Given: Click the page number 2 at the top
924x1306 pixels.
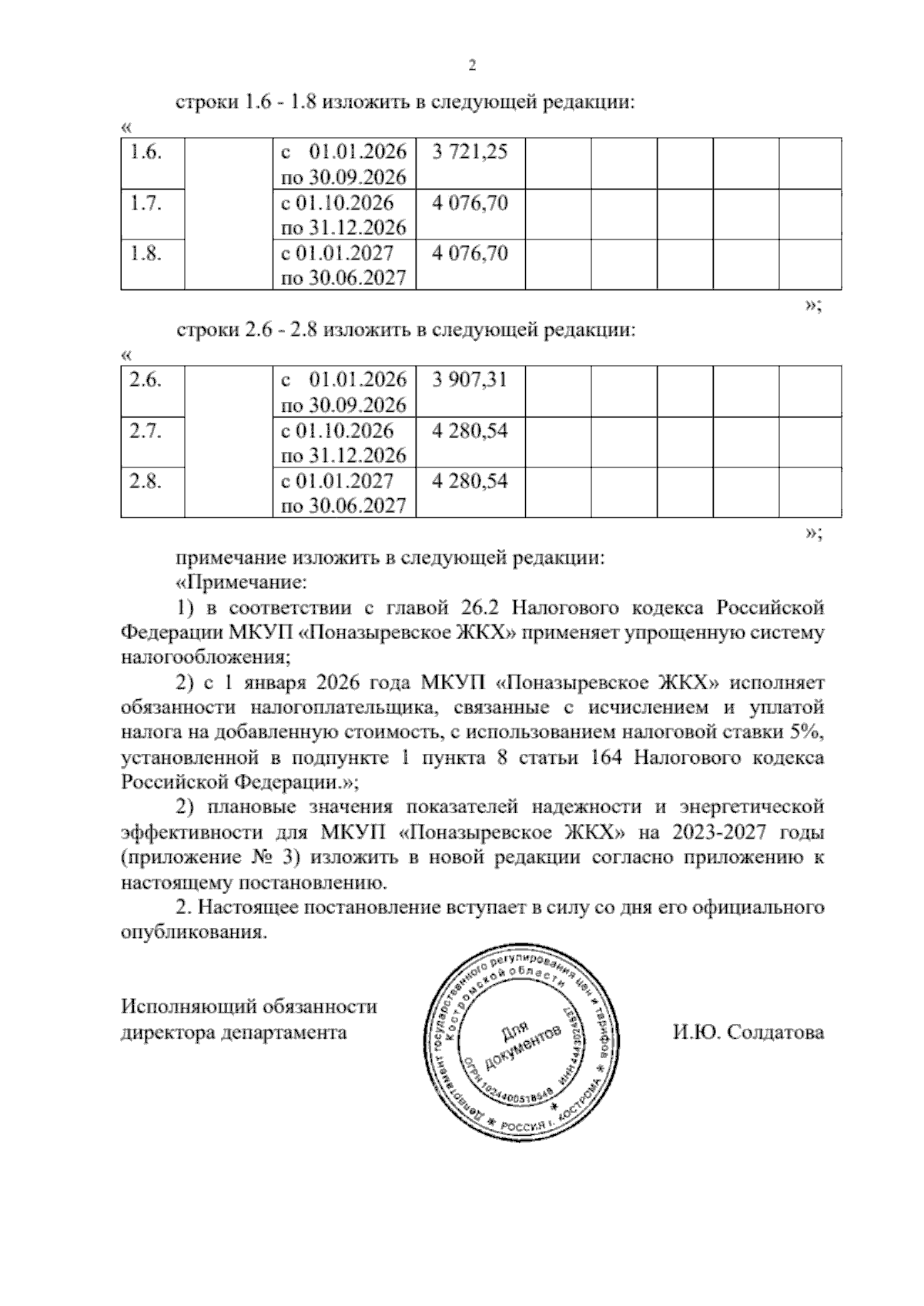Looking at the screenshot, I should pos(473,65).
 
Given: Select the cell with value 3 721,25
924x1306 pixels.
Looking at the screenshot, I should pos(470,152).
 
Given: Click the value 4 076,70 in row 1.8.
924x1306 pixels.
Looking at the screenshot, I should pos(470,253).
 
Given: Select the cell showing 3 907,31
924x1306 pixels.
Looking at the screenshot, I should pos(470,380).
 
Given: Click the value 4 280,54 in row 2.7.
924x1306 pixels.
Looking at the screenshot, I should pos(470,430).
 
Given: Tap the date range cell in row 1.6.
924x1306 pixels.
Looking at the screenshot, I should pos(343,164).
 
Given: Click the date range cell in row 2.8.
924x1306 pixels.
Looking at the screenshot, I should pos(343,494).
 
